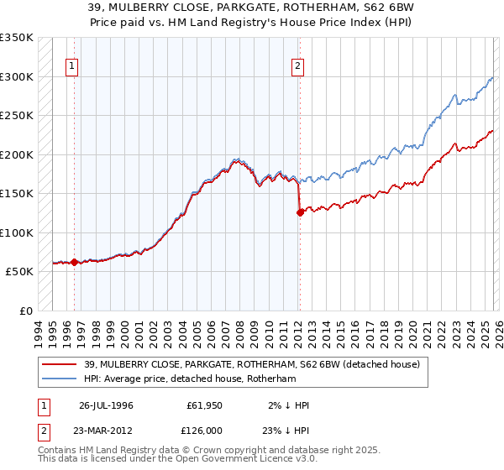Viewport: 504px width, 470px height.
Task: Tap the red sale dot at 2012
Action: (300, 212)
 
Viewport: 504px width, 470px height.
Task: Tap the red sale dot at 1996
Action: (74, 262)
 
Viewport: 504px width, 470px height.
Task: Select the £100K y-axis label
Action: (17, 232)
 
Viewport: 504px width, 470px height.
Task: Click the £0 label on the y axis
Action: (24, 311)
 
